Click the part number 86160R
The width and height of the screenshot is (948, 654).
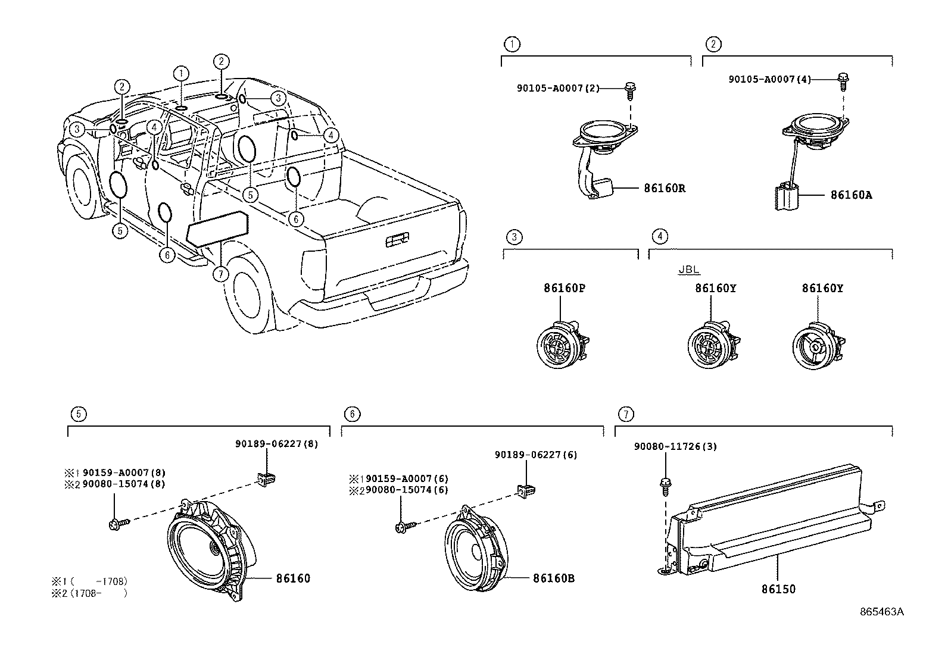(x=664, y=189)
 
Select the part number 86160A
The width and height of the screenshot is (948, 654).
(x=851, y=195)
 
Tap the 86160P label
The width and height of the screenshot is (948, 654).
(x=564, y=288)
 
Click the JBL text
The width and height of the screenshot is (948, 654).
(x=689, y=270)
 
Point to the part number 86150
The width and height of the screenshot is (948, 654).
(x=778, y=589)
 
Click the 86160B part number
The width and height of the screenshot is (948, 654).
(x=553, y=578)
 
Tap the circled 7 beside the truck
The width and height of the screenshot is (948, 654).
(x=220, y=274)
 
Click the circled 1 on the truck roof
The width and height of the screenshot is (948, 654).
(x=181, y=73)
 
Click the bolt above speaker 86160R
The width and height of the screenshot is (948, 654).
(x=630, y=89)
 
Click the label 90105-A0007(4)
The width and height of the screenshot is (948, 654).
(x=769, y=79)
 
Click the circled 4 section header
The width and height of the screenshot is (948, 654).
(x=659, y=236)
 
